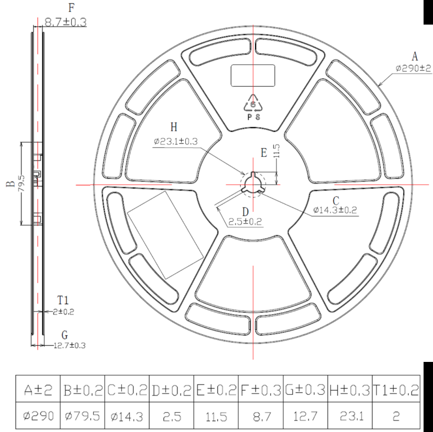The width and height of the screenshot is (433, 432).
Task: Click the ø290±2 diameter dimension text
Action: tap(413, 69)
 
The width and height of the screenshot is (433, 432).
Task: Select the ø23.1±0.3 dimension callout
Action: tap(176, 141)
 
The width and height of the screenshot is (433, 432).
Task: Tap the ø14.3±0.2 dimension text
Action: tap(335, 210)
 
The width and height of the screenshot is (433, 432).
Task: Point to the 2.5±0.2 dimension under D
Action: tap(245, 221)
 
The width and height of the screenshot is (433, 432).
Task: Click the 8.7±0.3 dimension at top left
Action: tap(66, 22)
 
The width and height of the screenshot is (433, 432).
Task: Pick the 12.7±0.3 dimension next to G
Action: tap(70, 345)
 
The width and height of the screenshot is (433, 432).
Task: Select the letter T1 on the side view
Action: tap(63, 300)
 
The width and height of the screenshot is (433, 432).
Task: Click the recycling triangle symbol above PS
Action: tap(253, 104)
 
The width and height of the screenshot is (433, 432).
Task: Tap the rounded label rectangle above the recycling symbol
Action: tap(253, 75)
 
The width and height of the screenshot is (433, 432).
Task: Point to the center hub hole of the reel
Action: tap(253, 185)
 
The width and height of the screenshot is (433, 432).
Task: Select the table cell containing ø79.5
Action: tap(83, 417)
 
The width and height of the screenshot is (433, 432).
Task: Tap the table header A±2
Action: tap(38, 390)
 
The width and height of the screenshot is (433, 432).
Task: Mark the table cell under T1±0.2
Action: tap(395, 417)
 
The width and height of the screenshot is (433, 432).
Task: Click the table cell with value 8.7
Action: tap(261, 417)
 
